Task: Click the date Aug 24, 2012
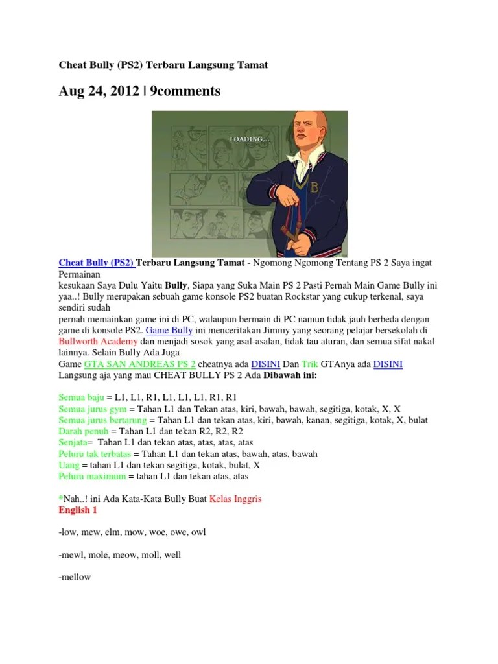click(98, 91)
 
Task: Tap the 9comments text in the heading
click(185, 91)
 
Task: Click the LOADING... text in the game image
click(250, 139)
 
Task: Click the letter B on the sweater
click(316, 189)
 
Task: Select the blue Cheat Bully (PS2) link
click(97, 263)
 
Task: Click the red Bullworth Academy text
click(97, 341)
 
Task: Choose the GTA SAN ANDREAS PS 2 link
click(141, 364)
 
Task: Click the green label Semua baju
click(81, 397)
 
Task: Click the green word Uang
click(69, 465)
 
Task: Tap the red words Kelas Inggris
click(235, 499)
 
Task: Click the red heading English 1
click(78, 510)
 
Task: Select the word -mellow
click(75, 577)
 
